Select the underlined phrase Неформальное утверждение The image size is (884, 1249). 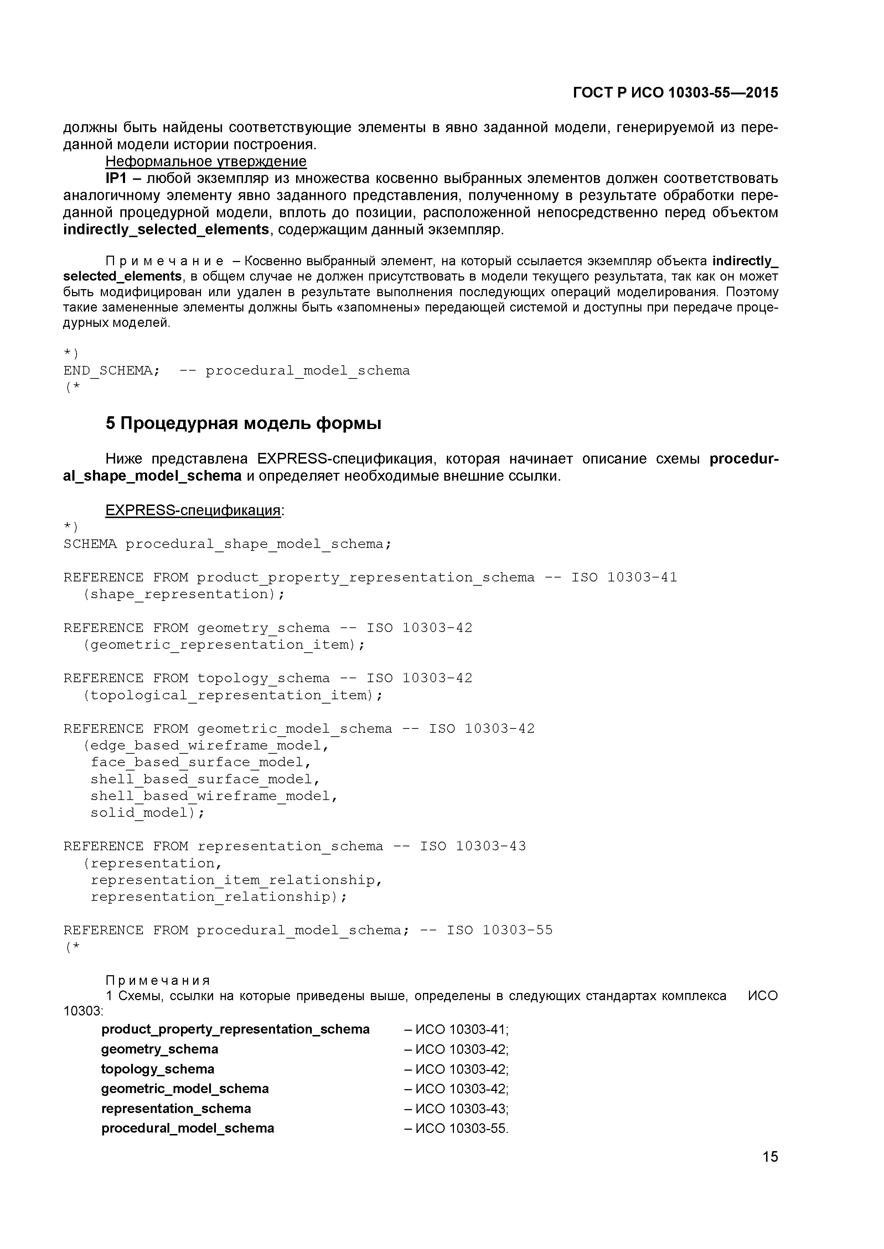tap(206, 162)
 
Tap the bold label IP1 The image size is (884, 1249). tap(115, 178)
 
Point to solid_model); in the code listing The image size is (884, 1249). tap(148, 813)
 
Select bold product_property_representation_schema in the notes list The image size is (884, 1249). tap(235, 1029)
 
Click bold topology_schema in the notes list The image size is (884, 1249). tap(158, 1069)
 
